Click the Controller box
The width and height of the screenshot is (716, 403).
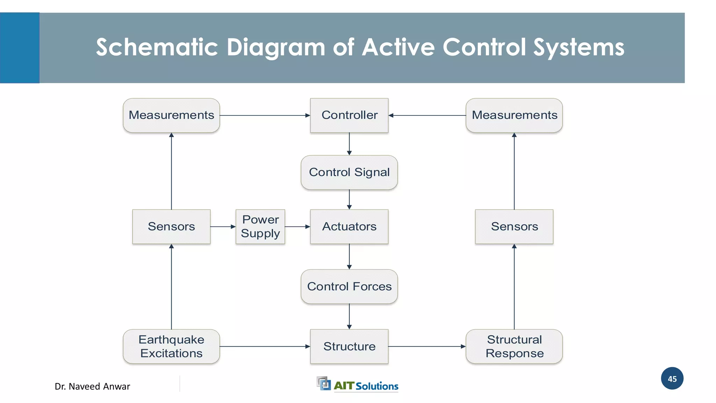349,115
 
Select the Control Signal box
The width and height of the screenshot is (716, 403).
349,172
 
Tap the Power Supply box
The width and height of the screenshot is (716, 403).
260,226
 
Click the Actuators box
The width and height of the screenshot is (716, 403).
349,226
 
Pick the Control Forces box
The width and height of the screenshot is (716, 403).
349,287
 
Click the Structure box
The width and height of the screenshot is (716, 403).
349,346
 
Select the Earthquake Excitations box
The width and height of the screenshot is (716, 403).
171,346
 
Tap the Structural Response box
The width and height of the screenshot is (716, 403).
514,346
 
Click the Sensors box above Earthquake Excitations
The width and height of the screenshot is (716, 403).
171,226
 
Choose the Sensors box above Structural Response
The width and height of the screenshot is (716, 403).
514,226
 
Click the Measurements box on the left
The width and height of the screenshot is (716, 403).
171,115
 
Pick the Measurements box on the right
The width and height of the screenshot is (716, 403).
514,115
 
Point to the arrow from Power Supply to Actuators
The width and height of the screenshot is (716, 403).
297,227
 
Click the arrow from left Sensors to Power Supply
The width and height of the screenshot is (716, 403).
223,227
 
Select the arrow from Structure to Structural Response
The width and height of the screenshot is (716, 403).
427,346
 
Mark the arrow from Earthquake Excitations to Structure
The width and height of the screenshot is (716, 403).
265,346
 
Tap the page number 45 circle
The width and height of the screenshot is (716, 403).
672,379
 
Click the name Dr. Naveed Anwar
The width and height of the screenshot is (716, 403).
92,387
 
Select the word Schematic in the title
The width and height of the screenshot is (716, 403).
157,47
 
